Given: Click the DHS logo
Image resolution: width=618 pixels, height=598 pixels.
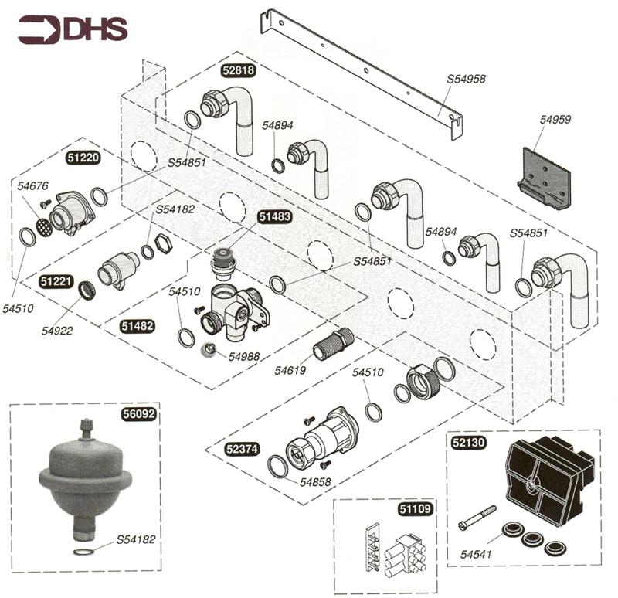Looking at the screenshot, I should pyautogui.click(x=73, y=30).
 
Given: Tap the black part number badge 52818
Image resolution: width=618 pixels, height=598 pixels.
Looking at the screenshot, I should pyautogui.click(x=239, y=70).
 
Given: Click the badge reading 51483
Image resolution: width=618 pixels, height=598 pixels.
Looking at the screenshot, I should pyautogui.click(x=274, y=217).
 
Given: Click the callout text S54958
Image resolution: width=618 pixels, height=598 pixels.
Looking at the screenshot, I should pyautogui.click(x=466, y=79).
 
